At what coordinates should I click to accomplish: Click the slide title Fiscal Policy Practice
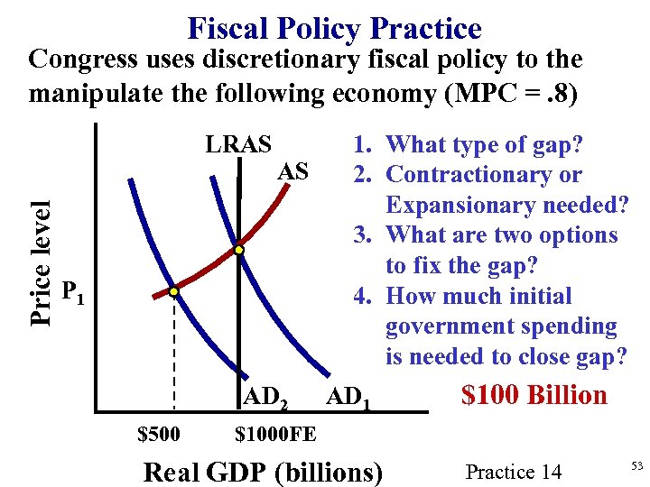tap(334, 28)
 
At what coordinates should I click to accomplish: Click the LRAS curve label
tap(239, 144)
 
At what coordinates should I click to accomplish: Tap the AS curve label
tap(293, 171)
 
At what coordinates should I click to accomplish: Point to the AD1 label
tap(348, 396)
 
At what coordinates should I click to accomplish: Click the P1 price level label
tap(73, 291)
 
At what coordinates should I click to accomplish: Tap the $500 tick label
tap(158, 435)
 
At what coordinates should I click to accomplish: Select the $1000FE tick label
tap(275, 435)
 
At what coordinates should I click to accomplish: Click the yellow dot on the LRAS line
tap(239, 249)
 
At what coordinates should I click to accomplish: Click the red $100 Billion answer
tap(534, 395)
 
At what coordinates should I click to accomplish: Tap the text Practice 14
tap(513, 472)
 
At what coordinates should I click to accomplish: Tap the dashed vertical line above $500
tap(173, 361)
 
